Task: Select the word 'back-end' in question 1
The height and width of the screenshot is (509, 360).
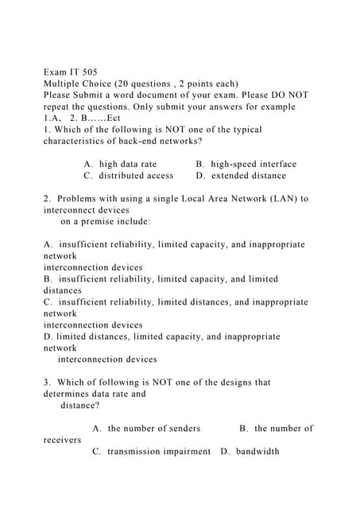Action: (132, 141)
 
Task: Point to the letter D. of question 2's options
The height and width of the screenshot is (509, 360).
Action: (48, 336)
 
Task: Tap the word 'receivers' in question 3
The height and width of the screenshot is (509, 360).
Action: (62, 440)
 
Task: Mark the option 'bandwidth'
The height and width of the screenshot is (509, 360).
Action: (257, 451)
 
